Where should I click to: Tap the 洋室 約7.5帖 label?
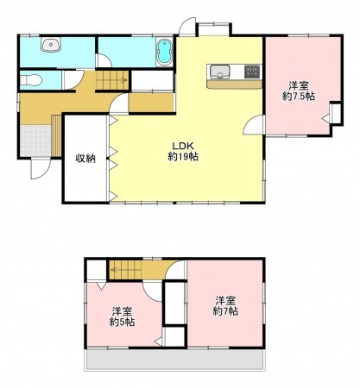[x=300, y=91]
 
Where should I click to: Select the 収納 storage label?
[x=85, y=158]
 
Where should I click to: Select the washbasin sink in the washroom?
[x=51, y=46]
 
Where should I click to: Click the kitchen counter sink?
[x=218, y=72]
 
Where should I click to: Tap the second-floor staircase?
[x=129, y=270]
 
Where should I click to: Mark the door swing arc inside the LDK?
[x=251, y=125]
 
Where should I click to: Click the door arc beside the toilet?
[x=103, y=59]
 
